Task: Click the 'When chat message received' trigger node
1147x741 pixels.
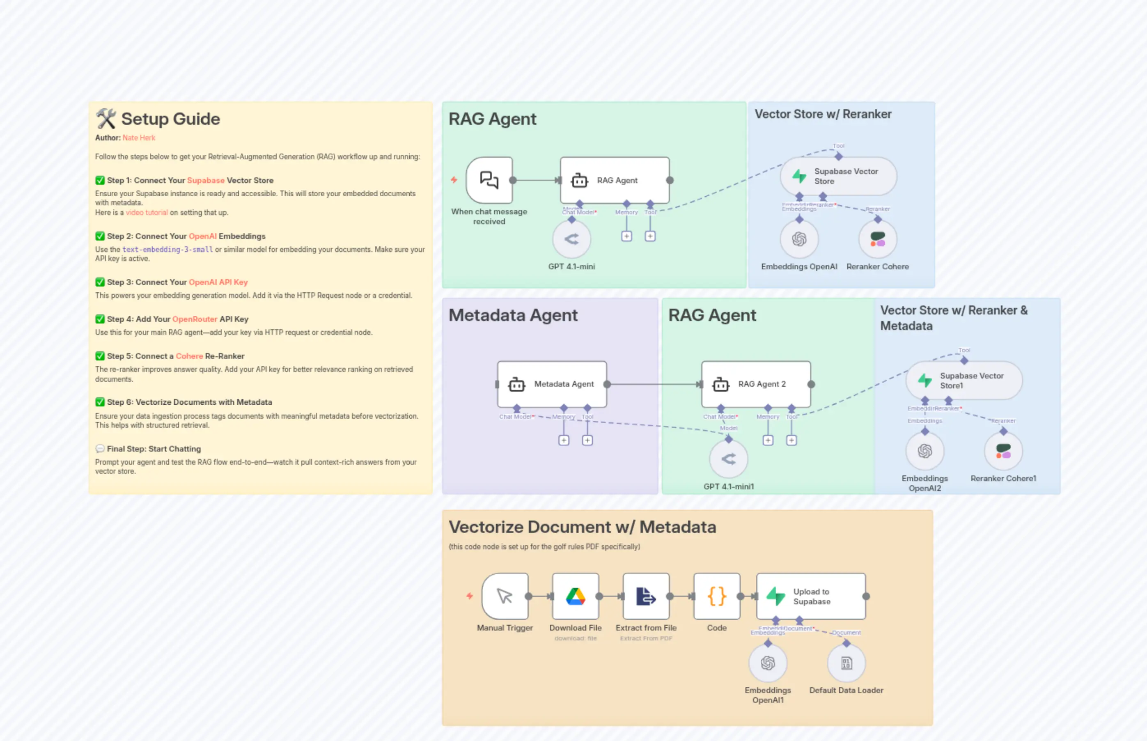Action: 489,180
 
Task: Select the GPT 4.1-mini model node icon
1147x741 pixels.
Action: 571,239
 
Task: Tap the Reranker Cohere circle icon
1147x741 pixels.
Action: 878,239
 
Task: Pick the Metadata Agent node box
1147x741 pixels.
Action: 552,384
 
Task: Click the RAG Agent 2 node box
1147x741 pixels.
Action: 756,384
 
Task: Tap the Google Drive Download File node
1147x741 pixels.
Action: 576,596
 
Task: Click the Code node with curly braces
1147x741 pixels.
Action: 716,596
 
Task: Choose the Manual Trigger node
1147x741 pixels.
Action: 505,596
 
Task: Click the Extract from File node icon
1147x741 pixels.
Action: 646,596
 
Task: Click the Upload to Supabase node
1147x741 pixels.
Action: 811,596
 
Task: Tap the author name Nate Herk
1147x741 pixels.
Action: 139,138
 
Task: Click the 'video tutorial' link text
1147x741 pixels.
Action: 147,213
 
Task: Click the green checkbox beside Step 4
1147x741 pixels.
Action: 100,319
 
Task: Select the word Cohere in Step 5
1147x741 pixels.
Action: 189,356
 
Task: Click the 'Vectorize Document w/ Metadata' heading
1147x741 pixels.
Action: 582,527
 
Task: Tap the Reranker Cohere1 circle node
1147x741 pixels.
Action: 1003,451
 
